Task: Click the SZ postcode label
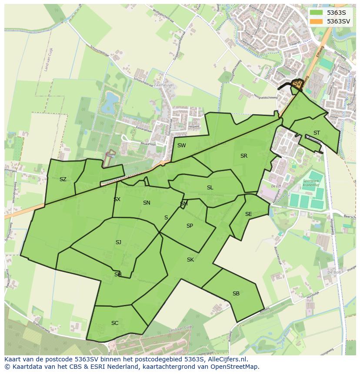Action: [63, 179]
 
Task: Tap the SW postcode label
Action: [181, 146]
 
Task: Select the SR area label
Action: [243, 156]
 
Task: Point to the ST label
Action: [317, 133]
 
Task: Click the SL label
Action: [210, 188]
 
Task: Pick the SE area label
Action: [248, 214]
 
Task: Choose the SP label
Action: [190, 226]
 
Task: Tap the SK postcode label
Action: [190, 260]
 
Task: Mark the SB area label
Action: [236, 294]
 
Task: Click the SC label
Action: [115, 323]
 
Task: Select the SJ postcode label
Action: [118, 242]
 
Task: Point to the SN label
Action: [147, 203]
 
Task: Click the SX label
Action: [117, 199]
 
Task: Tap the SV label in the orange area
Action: [297, 83]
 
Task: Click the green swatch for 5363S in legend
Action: [316, 13]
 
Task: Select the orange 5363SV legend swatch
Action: [316, 21]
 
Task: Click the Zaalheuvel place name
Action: [163, 86]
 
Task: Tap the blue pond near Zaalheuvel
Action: [110, 102]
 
